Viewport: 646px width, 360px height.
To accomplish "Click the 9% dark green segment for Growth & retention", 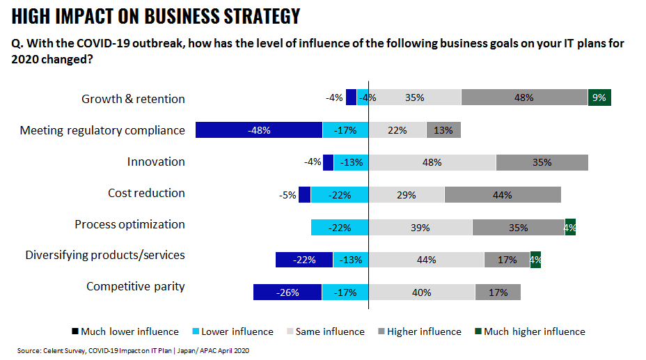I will coord(599,98).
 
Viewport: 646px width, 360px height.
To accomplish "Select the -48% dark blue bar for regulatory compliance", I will coord(258,130).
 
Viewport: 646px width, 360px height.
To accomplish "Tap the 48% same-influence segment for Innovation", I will coord(432,162).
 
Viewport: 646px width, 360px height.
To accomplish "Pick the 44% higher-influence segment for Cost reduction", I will coord(502,195).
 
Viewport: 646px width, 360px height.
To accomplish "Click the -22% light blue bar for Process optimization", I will coord(339,228).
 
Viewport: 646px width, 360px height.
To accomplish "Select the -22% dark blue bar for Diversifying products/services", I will coord(304,260).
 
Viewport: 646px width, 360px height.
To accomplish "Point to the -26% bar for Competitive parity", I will coord(287,292).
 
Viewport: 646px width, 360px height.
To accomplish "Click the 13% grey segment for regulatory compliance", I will coord(443,130).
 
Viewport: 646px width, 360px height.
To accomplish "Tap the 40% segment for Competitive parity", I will coord(421,292).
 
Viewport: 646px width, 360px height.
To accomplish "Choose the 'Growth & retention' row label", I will coord(133,99).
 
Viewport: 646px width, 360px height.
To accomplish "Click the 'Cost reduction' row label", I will coord(146,193).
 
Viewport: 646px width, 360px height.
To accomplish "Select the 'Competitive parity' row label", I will coord(136,286).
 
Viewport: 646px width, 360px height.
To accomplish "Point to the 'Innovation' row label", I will coord(156,162).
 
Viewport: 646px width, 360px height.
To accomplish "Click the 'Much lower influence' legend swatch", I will coord(75,331).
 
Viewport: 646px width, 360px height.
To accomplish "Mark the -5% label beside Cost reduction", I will coord(287,195).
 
